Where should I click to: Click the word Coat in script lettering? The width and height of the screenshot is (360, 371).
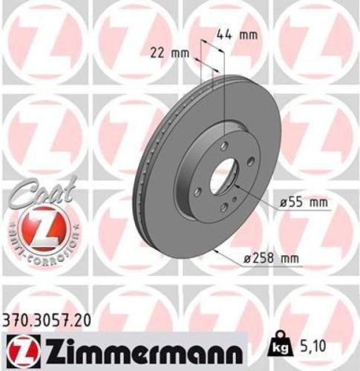point(32,194)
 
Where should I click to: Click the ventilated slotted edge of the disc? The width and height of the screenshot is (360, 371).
point(149,185)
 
